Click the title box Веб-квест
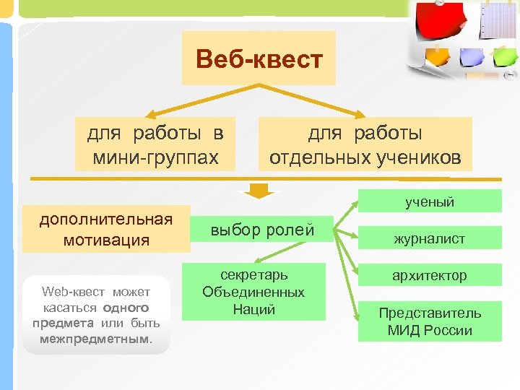pos(259,58)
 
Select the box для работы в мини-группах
pos(155,144)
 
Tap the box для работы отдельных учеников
pos(365,144)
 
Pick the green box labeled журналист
pos(429,238)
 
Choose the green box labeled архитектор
pos(429,275)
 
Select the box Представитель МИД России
pos(429,321)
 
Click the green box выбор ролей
pos(262,230)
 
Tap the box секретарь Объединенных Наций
pos(253,292)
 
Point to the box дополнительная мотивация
pos(106,230)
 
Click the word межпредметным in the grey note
pos(95,338)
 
